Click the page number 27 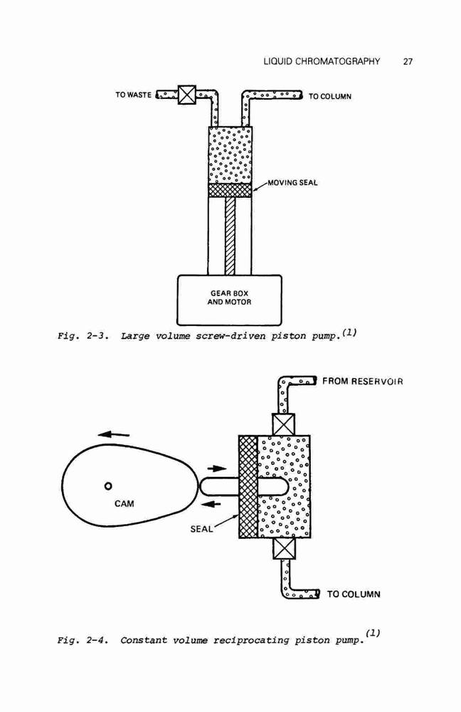408,62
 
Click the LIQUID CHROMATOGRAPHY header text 322,61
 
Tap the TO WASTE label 133,95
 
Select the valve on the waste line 186,95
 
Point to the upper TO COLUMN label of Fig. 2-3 330,96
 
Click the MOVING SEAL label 292,182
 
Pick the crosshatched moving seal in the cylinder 230,190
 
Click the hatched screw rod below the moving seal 230,236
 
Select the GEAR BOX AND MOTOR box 229,300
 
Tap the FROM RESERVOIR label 363,381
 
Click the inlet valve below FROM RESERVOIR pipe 284,424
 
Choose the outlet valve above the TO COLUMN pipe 285,548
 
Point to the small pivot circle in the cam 108,486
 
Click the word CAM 124,503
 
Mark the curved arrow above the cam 113,434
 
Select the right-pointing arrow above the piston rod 216,468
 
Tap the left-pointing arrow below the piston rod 211,503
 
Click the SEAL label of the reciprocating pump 201,529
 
